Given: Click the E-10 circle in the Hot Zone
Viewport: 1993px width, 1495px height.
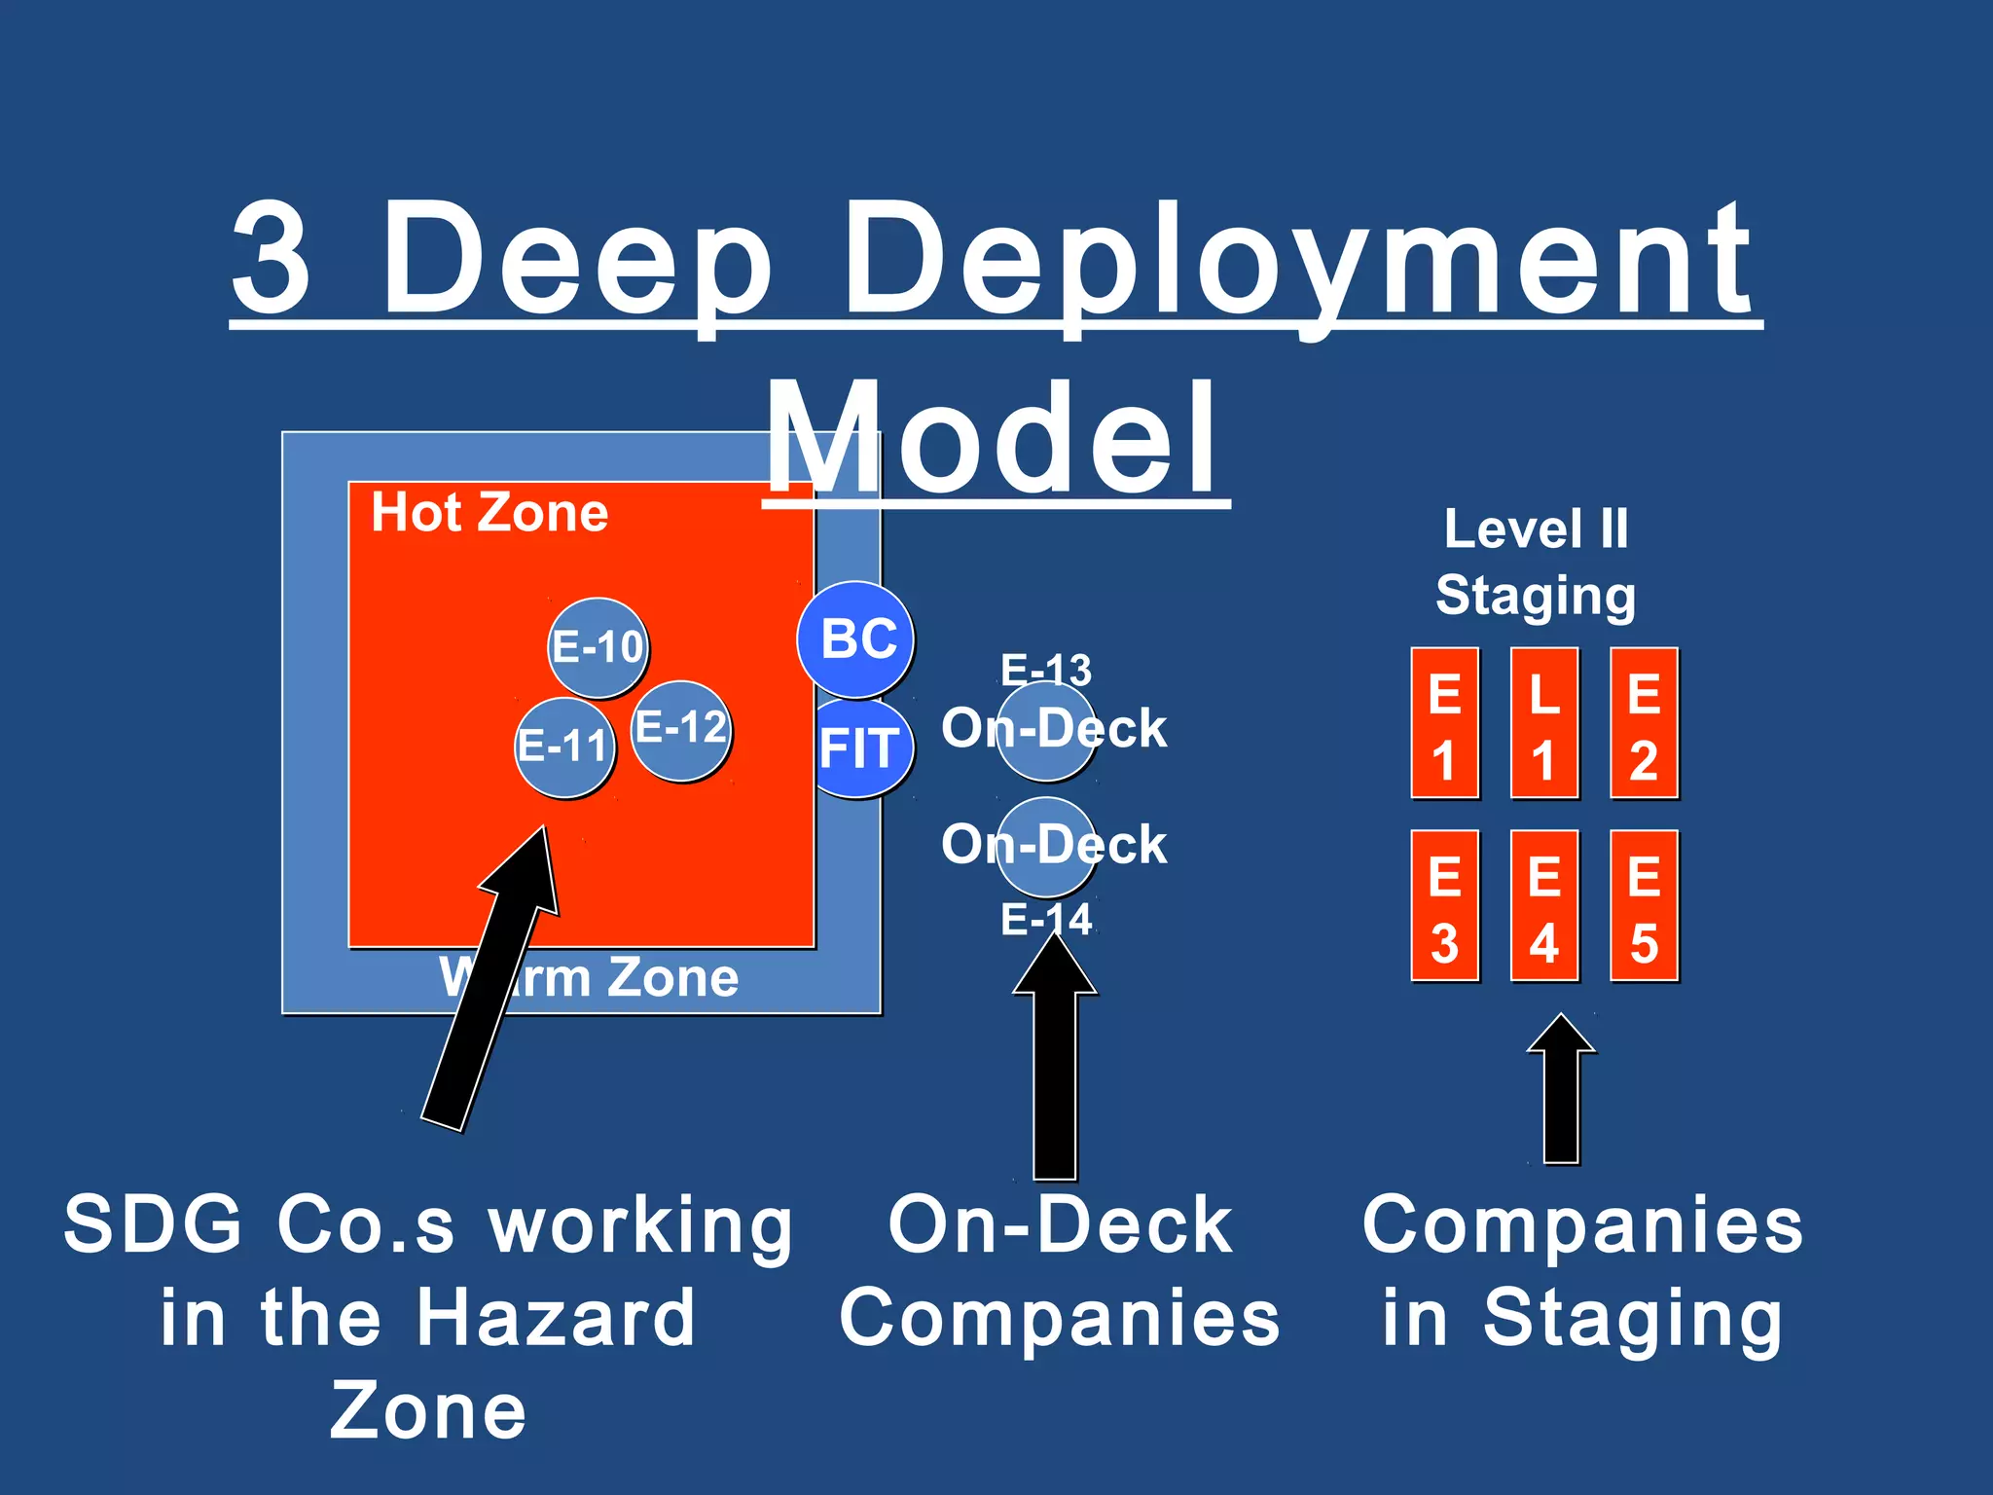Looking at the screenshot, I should (598, 647).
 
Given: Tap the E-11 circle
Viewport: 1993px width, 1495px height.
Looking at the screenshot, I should (564, 747).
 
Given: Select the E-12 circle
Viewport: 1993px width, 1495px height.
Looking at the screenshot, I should (681, 729).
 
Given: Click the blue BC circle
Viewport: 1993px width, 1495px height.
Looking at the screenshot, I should (855, 638).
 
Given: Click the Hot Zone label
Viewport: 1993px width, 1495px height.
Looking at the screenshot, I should (489, 513).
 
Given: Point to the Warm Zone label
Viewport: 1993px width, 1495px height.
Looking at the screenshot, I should (590, 977).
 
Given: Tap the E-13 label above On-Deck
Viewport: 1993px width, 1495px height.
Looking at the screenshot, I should (1046, 670).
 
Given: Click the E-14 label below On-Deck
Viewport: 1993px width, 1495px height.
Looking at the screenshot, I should (1046, 920).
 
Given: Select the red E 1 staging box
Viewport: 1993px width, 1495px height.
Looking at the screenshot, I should (1445, 723).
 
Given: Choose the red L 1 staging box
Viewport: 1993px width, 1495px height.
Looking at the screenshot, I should (1544, 723).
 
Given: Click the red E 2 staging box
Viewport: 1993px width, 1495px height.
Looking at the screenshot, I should (1644, 723).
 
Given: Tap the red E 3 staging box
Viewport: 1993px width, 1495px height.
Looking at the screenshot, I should (1445, 906).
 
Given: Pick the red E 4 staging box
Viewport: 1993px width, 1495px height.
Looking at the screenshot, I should (1544, 906).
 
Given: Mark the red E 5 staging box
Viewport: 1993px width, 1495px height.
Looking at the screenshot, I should (1644, 906).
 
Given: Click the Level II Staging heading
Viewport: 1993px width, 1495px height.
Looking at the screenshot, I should (1536, 563).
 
